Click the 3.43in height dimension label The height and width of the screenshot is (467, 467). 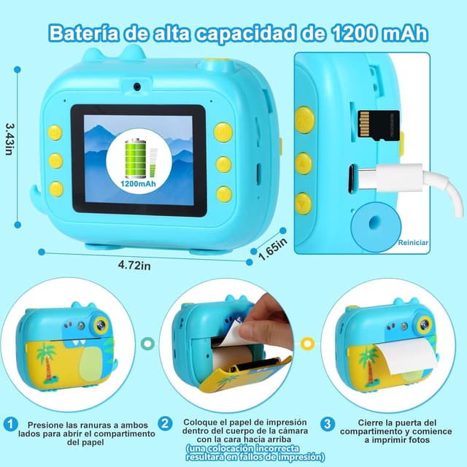tap(9, 139)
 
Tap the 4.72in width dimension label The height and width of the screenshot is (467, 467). tap(134, 265)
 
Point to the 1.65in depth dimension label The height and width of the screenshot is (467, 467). tap(272, 249)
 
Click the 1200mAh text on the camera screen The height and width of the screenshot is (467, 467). tap(138, 183)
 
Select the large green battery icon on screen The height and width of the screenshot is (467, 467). tap(136, 158)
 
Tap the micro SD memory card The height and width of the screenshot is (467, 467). tap(378, 124)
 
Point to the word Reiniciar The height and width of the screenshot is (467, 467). tap(413, 242)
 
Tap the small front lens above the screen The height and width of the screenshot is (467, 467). tap(137, 87)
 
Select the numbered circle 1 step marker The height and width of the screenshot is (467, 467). tap(11, 424)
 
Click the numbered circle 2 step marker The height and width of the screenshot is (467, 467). tap(165, 423)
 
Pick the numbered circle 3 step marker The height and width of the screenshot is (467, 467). tap(328, 424)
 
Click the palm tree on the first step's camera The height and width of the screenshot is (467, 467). tap(46, 363)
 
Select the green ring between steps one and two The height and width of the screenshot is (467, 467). tap(147, 343)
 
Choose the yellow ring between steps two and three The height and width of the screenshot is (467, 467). tap(307, 344)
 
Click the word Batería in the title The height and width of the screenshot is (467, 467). tap(84, 33)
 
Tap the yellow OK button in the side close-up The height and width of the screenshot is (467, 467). tap(305, 120)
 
